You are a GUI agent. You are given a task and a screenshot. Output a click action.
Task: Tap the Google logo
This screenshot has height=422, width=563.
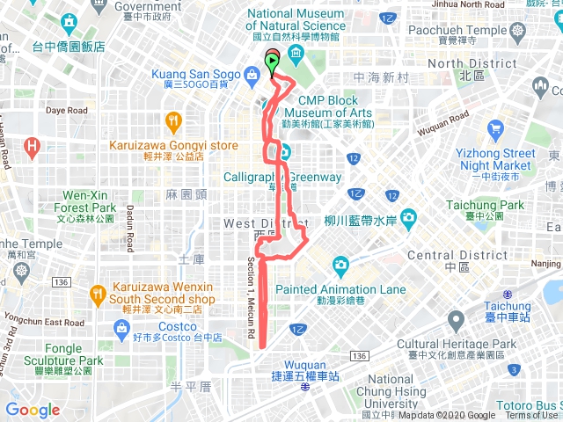pyautogui.click(x=33, y=410)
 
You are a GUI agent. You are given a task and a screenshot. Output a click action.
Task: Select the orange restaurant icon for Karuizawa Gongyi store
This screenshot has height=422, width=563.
pyautogui.click(x=173, y=121)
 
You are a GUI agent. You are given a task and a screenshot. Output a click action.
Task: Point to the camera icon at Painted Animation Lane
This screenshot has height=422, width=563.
pyautogui.click(x=340, y=265)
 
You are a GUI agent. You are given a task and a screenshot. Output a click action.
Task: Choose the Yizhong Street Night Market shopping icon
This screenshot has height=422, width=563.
pyautogui.click(x=496, y=132)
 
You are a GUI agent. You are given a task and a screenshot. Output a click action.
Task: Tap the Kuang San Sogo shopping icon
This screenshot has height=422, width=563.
pyautogui.click(x=252, y=75)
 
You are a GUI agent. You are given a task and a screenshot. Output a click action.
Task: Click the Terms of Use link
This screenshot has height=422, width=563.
pyautogui.click(x=531, y=416)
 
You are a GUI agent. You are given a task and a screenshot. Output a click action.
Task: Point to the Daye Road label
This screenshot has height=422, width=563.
pyautogui.click(x=67, y=111)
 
